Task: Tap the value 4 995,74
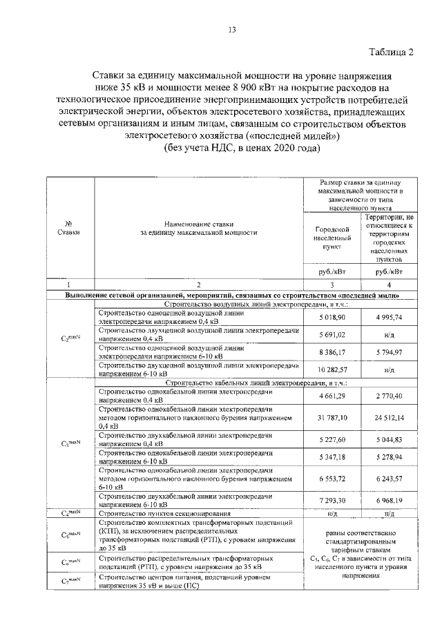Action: tap(390, 316)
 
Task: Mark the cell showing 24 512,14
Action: tap(390, 418)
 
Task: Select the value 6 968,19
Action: tap(390, 500)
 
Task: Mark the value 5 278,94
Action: tap(390, 456)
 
